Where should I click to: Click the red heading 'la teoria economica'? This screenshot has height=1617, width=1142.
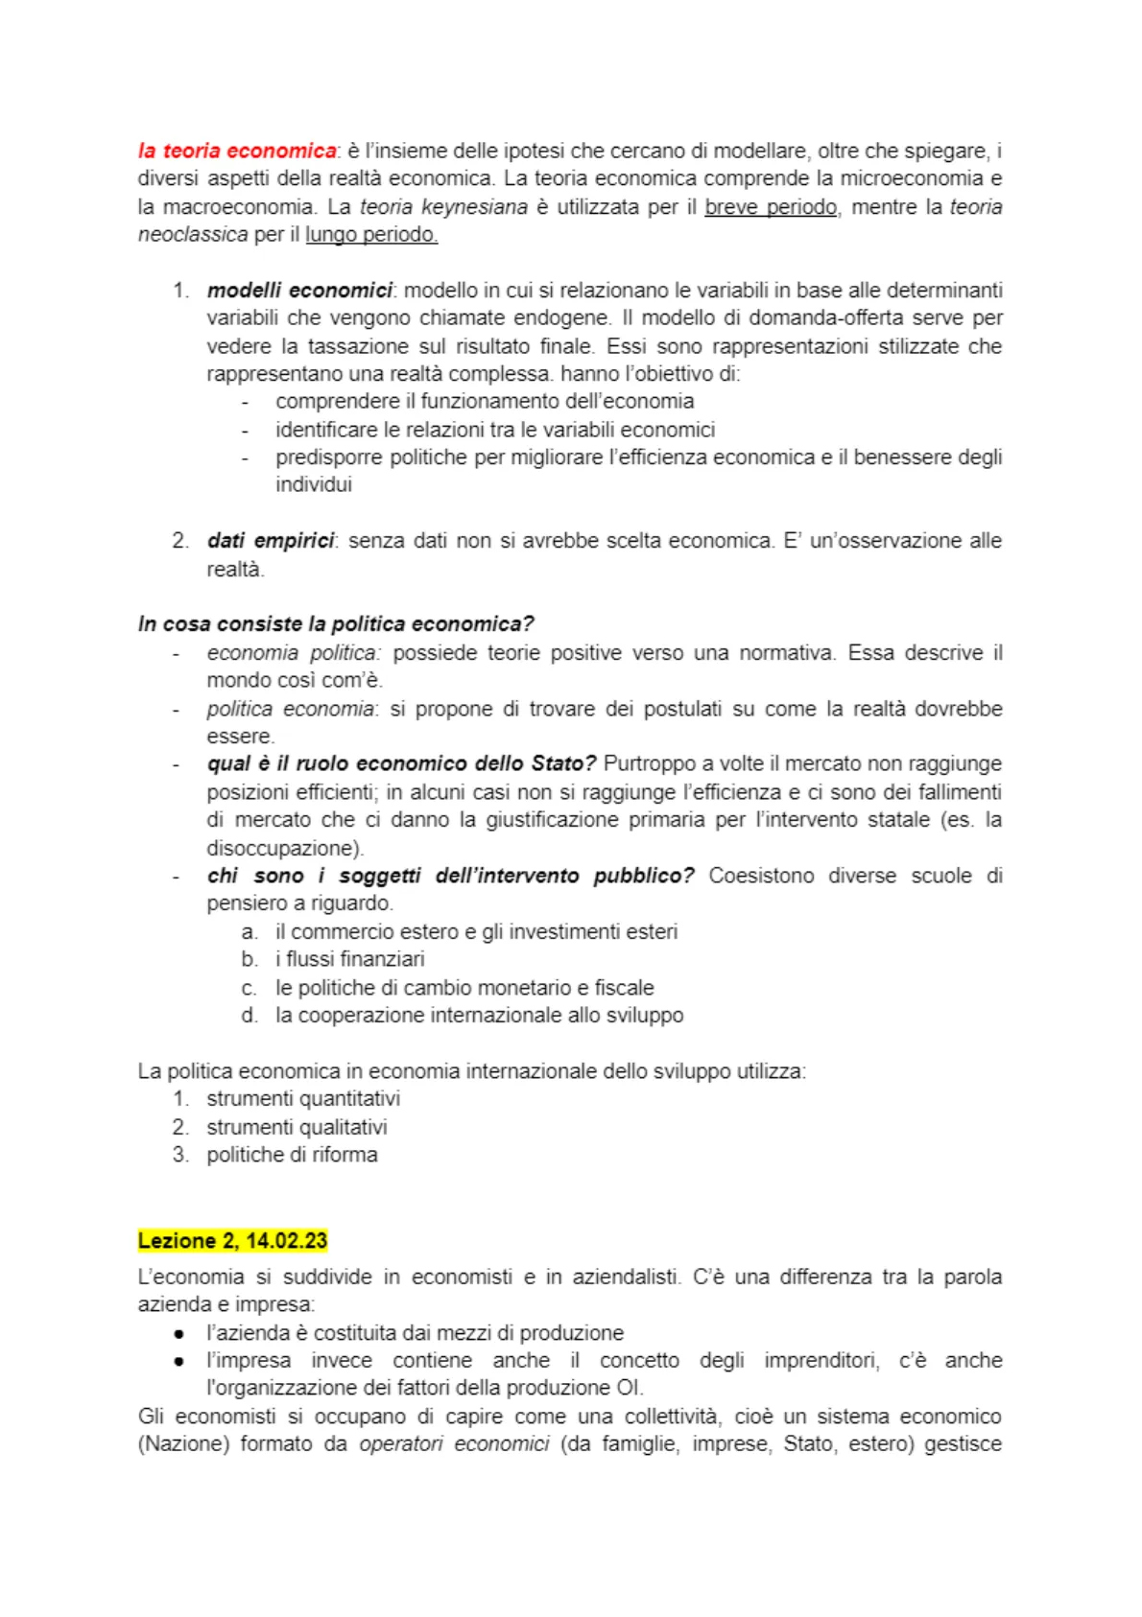point(237,151)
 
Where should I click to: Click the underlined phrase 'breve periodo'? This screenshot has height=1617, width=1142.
point(771,207)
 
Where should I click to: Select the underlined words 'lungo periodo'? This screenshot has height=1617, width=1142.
point(371,235)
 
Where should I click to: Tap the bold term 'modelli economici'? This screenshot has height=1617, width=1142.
point(299,291)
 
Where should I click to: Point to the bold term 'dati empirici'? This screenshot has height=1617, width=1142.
point(271,541)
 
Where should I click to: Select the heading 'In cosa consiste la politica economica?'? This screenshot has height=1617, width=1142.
point(336,624)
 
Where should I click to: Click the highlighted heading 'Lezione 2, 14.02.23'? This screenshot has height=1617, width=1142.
point(232,1241)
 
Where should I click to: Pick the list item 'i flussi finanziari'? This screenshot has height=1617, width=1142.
point(350,959)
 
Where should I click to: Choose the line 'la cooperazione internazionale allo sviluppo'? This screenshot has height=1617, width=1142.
point(480,1016)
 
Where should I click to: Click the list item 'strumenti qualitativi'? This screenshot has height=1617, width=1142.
point(297,1127)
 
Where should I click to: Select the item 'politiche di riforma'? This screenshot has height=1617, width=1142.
point(292,1155)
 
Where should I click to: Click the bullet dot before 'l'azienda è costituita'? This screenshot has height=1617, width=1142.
point(179,1334)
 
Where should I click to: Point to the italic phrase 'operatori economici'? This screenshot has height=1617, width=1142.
point(454,1444)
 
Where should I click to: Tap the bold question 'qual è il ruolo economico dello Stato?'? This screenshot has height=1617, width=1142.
point(401,764)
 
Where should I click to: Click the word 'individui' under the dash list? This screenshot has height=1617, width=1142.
point(314,485)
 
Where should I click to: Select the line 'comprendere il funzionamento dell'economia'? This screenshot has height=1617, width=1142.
point(485,402)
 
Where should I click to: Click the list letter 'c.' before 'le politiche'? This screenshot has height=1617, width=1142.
point(250,989)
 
